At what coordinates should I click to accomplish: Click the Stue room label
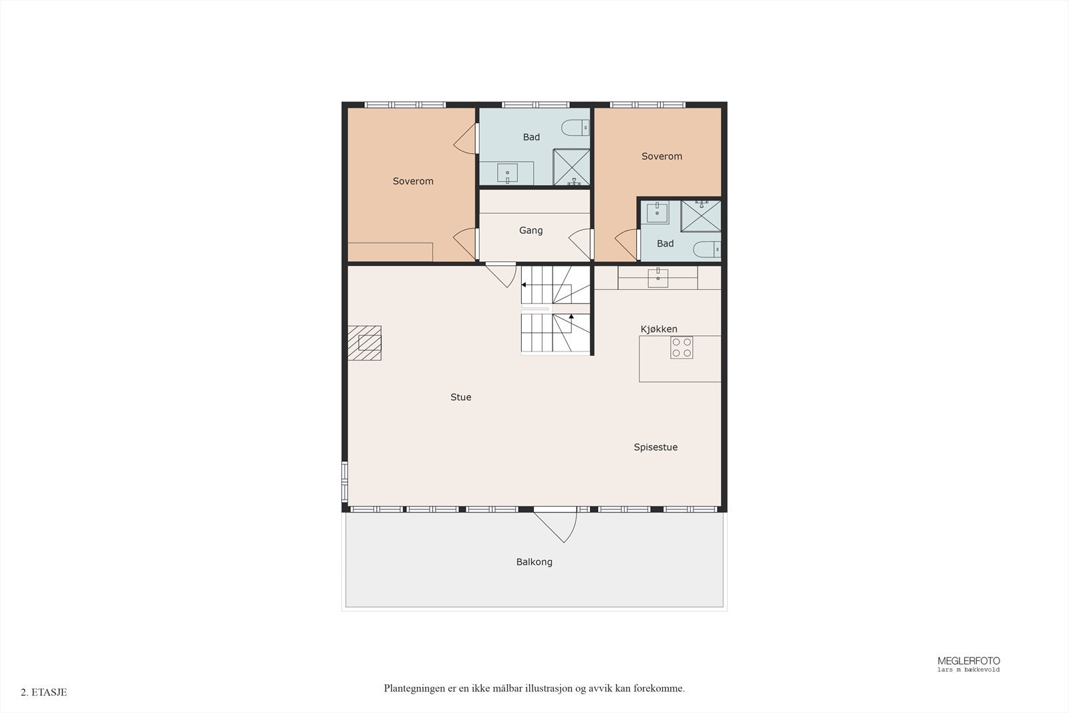(x=460, y=397)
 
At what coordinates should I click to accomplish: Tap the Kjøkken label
(x=659, y=329)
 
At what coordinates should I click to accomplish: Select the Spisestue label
(x=655, y=447)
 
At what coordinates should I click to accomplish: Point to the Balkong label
(x=534, y=562)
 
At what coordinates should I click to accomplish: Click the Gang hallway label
(x=530, y=231)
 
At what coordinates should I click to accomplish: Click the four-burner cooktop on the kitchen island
(x=681, y=347)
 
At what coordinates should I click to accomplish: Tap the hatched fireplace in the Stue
(x=364, y=343)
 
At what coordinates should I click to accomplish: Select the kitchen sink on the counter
(x=657, y=277)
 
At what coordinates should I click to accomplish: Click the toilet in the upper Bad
(x=575, y=128)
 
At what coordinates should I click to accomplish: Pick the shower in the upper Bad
(x=571, y=167)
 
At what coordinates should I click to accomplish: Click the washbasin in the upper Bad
(x=507, y=173)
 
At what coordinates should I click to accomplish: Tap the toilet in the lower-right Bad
(x=707, y=249)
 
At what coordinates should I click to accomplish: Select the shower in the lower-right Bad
(x=701, y=217)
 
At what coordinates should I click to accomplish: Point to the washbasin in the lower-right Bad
(x=657, y=212)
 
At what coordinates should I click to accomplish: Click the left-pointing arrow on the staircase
(x=524, y=285)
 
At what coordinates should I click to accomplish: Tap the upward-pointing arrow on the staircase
(x=571, y=317)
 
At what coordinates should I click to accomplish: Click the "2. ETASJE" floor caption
(x=44, y=692)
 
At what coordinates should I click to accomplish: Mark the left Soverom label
(x=413, y=181)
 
